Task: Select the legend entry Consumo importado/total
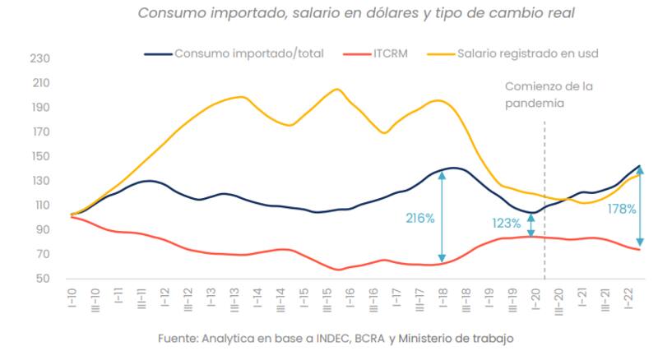(x=248, y=53)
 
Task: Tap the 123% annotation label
(x=507, y=223)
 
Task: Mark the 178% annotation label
(x=622, y=209)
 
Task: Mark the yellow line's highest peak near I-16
(x=336, y=89)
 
